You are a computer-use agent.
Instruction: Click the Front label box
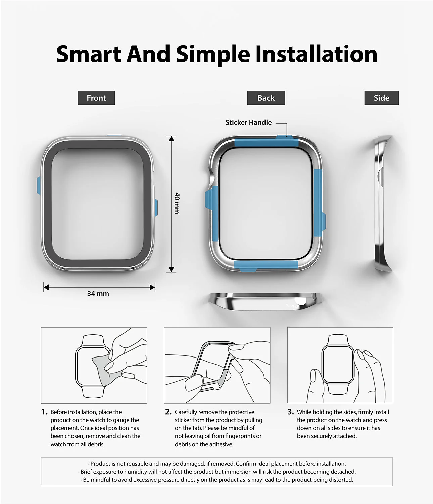96,98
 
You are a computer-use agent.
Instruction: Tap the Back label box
266,98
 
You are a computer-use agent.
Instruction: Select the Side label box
381,98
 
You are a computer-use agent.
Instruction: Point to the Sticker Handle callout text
248,123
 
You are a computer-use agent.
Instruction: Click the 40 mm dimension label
177,203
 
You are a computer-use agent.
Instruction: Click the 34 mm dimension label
98,294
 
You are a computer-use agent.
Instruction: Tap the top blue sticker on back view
267,142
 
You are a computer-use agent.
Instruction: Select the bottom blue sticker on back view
267,264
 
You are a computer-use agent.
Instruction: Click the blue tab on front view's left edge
38,186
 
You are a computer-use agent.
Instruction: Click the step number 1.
44,412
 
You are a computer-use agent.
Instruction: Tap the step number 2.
168,412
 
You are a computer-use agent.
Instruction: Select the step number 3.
290,412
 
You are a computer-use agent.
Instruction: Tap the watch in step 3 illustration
337,365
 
